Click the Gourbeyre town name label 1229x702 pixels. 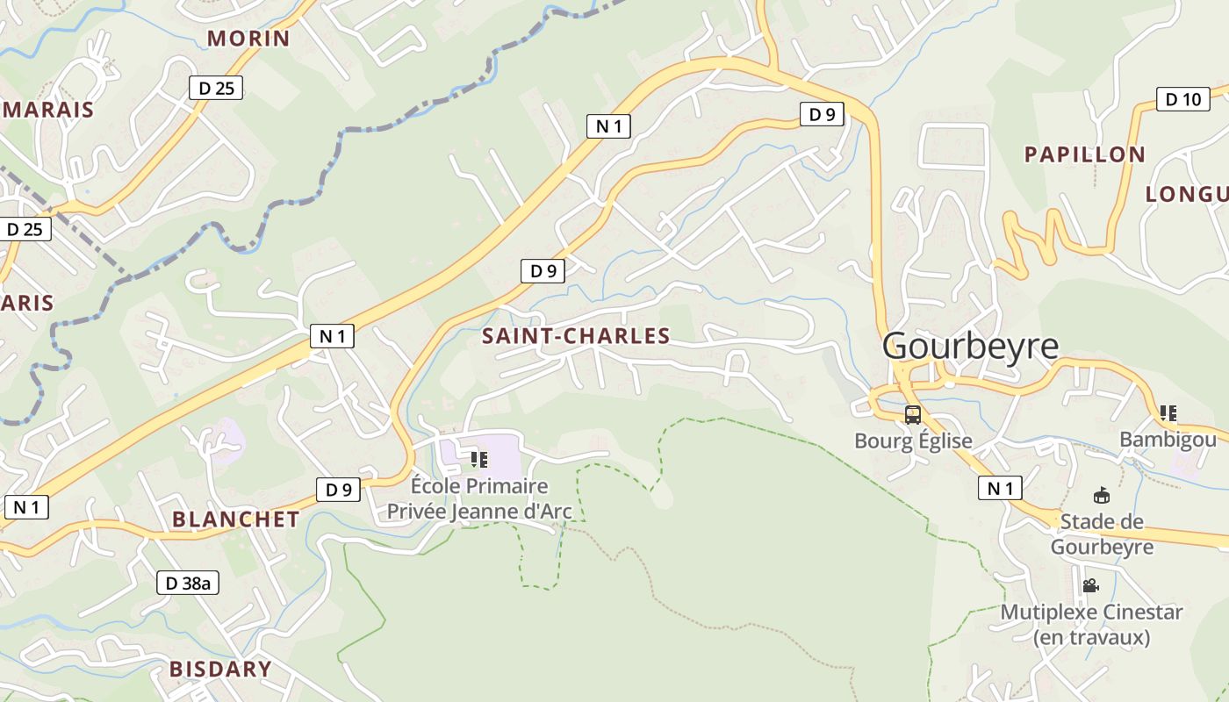970,346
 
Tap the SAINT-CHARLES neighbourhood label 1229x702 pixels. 576,336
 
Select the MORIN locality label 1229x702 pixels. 248,39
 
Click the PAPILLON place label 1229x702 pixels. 1085,155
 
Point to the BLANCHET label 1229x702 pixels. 235,519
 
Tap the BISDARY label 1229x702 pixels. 220,670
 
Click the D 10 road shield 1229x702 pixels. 1182,99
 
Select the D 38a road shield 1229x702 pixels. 188,583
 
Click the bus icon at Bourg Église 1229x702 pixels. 913,415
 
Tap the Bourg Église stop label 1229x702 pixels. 913,441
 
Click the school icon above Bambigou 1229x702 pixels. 1168,412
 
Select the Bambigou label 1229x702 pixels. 1168,440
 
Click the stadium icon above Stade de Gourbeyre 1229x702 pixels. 1101,496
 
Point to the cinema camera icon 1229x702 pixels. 1091,585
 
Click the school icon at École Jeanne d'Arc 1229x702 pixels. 479,459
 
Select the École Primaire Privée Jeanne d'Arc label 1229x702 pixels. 479,498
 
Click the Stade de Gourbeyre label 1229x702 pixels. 1102,534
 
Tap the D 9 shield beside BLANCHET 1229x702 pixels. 339,490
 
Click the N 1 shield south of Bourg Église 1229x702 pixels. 1000,488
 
